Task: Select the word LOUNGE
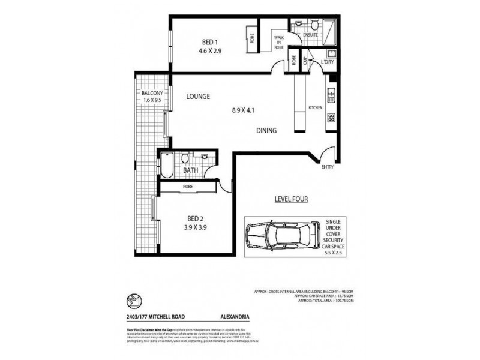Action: pyautogui.click(x=197, y=96)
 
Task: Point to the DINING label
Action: pyautogui.click(x=266, y=131)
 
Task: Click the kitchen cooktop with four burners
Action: pyautogui.click(x=331, y=118)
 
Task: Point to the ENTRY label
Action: pyautogui.click(x=328, y=167)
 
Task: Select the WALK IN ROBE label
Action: pyautogui.click(x=280, y=43)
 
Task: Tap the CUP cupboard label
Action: pyautogui.click(x=305, y=61)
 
